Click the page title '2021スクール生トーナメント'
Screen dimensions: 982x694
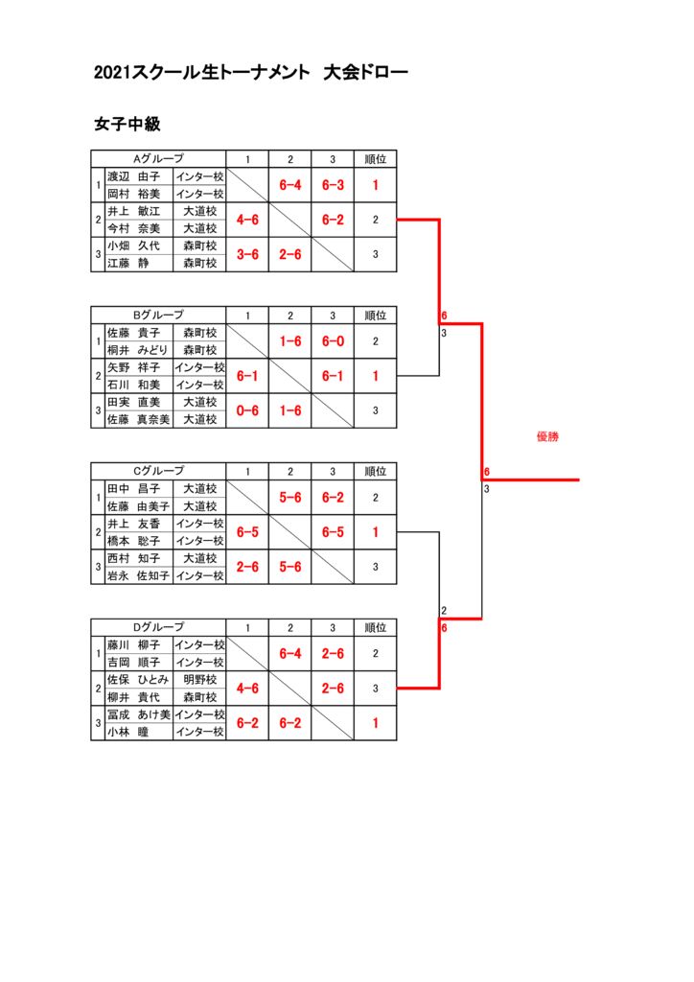(x=202, y=72)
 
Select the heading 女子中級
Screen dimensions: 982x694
(x=127, y=125)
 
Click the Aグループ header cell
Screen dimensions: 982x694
(x=158, y=158)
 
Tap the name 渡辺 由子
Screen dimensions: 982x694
(x=133, y=176)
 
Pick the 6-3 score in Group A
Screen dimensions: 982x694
(x=333, y=185)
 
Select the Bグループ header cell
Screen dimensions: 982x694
(x=158, y=315)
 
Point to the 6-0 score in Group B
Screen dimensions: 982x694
(x=333, y=341)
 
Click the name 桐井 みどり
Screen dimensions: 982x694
(x=137, y=350)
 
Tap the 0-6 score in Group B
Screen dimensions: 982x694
(x=247, y=410)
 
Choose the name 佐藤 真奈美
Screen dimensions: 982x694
(x=137, y=419)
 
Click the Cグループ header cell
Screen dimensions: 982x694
(x=158, y=471)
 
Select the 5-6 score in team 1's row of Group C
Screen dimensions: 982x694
(x=290, y=498)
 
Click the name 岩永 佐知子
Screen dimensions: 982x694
(x=137, y=575)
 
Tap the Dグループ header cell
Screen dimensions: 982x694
(x=158, y=627)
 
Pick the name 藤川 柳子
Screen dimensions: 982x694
(x=133, y=645)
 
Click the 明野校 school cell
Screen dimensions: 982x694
(x=200, y=680)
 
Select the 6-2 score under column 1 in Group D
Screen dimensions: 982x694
(x=247, y=723)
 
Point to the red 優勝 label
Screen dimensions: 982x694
(x=547, y=436)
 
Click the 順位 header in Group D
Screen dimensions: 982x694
(x=375, y=627)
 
